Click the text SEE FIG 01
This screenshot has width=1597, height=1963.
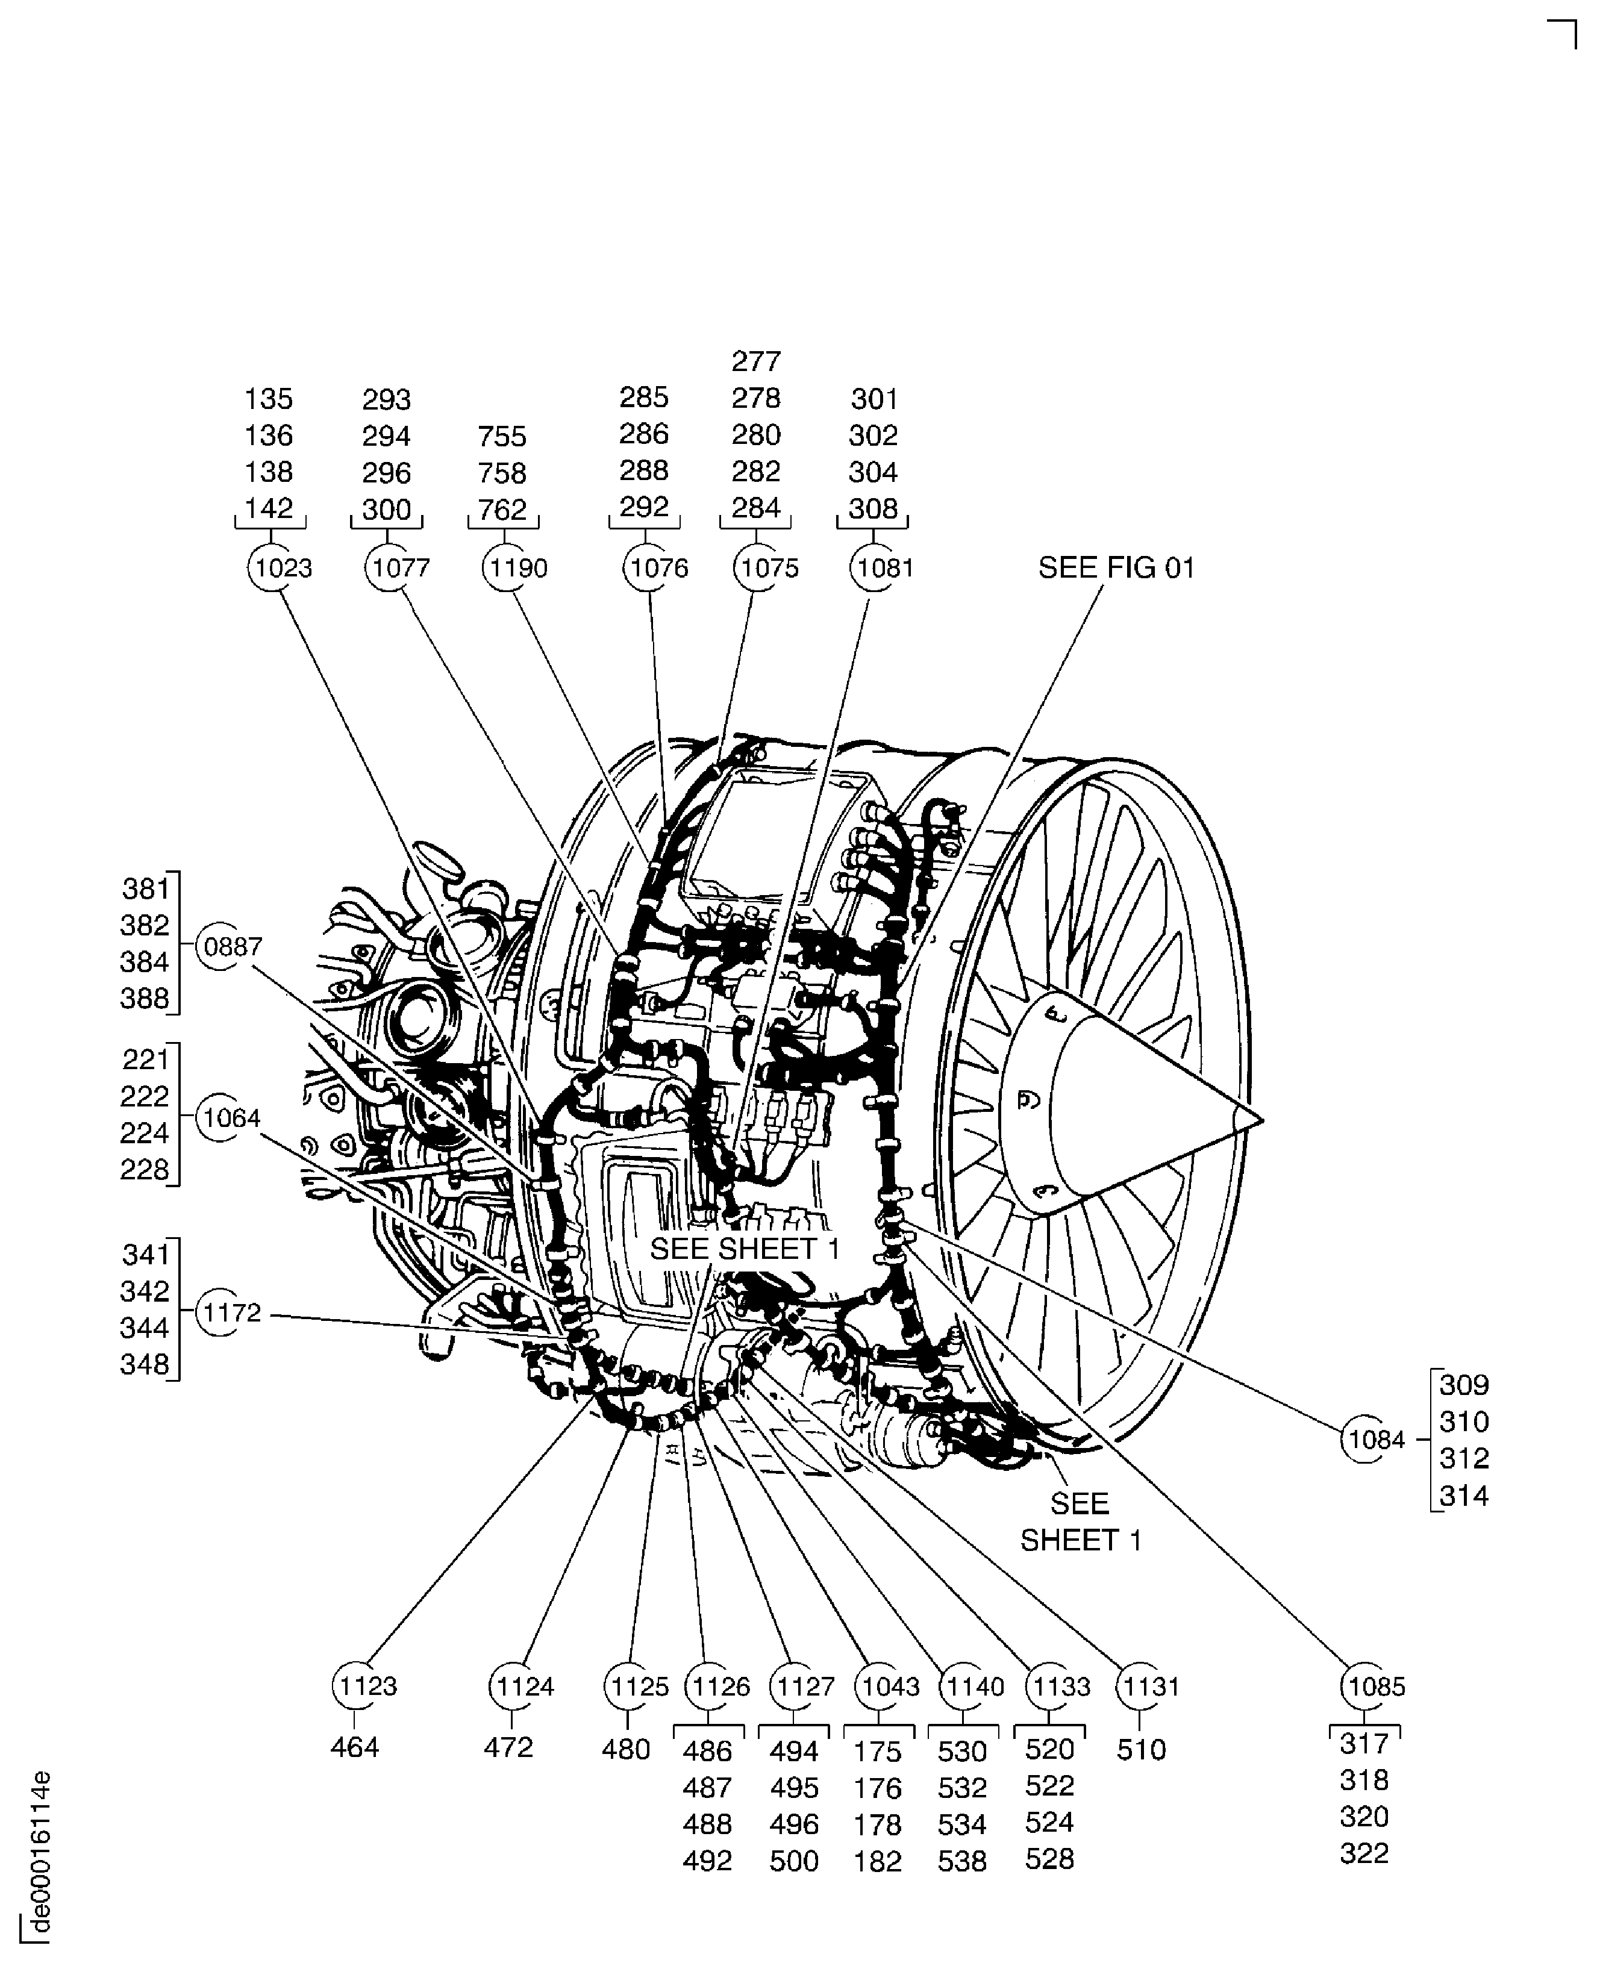(x=1116, y=567)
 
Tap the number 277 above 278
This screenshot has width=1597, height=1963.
(x=756, y=361)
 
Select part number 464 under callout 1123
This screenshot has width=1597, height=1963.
(x=354, y=1747)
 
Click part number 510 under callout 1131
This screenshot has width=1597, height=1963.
(x=1141, y=1749)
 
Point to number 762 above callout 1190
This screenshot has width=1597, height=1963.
(x=502, y=509)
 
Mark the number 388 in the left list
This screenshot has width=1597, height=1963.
(x=145, y=998)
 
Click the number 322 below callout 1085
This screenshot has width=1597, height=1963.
(x=1363, y=1853)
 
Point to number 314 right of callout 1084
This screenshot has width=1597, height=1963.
(x=1464, y=1495)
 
